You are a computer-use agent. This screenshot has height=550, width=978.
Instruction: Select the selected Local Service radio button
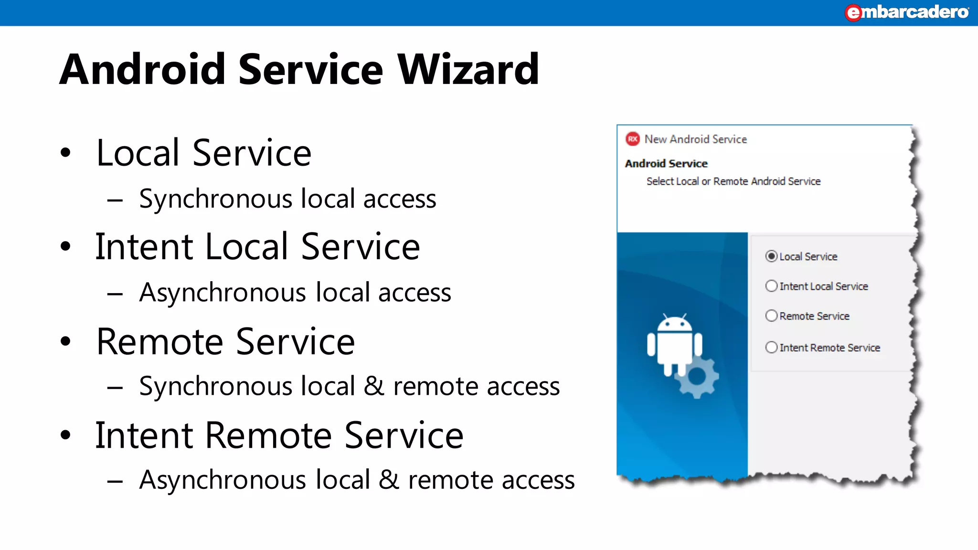771,256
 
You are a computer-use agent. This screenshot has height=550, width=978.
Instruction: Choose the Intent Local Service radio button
771,286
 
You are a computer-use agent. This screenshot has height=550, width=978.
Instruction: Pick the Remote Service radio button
771,316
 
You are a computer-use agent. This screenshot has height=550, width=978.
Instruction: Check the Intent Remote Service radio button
771,347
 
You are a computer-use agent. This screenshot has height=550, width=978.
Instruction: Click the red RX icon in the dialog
632,139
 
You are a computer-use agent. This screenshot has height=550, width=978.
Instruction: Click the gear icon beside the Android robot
697,377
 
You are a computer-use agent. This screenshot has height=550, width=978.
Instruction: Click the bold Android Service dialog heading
666,164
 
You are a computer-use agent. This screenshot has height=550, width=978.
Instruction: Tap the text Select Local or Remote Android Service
733,181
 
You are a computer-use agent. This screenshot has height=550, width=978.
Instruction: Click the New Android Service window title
695,139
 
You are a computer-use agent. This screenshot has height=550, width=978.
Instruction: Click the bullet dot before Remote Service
66,341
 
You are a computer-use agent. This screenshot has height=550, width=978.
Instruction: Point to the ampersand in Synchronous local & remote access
373,386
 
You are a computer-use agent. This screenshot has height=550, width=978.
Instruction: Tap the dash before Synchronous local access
115,200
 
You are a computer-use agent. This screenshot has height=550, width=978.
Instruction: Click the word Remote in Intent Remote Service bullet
269,435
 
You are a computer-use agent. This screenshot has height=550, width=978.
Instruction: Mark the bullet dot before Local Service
66,153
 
